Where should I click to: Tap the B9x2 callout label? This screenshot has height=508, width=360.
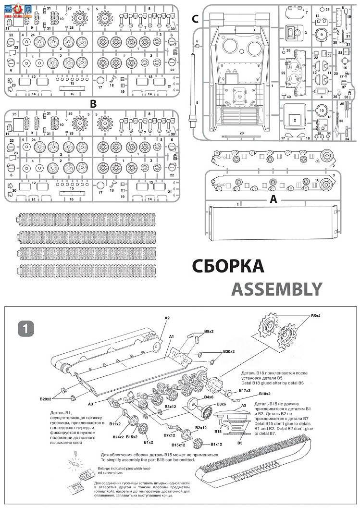pos(209,332)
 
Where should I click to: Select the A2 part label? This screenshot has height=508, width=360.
pos(167,318)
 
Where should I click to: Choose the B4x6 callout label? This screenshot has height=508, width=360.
pos(208,397)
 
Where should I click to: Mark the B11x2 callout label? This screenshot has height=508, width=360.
pos(115,424)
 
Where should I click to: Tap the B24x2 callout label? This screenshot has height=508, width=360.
pos(118,436)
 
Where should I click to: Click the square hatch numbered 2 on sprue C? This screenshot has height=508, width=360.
pos(294,119)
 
